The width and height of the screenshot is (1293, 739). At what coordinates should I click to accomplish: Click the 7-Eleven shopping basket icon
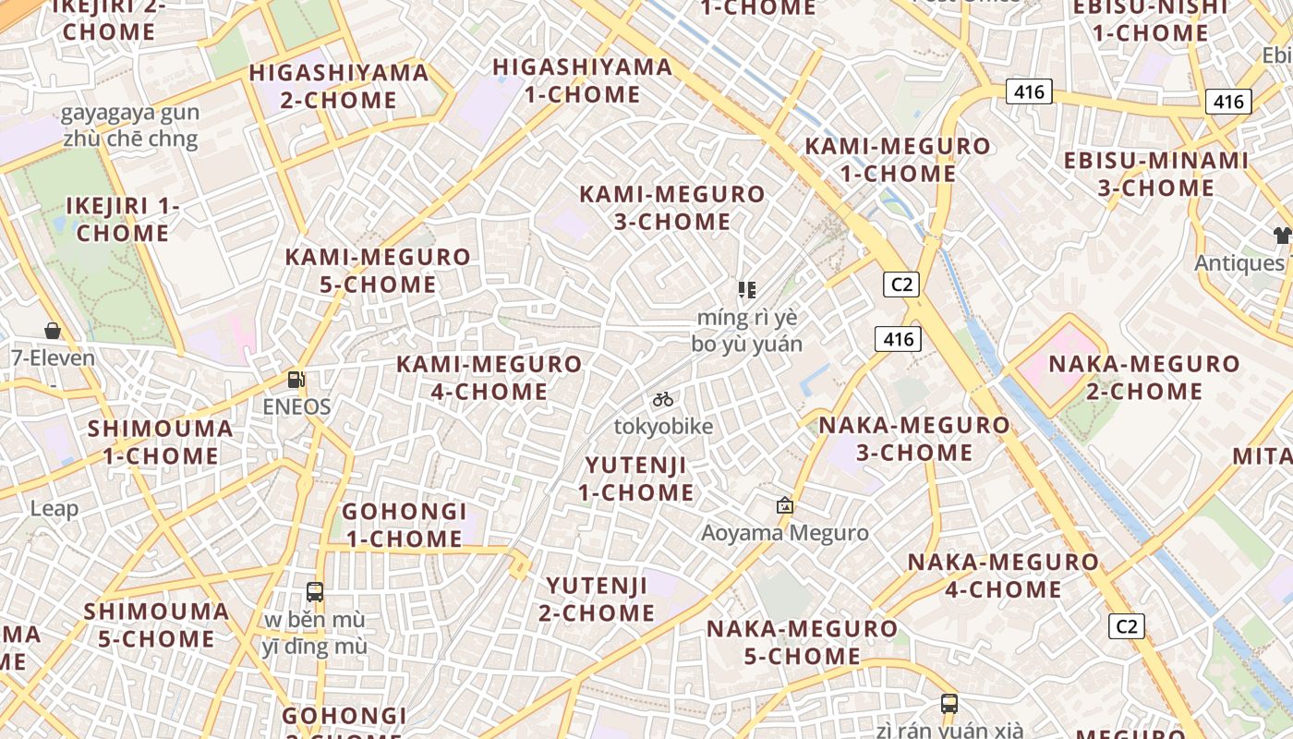click(53, 331)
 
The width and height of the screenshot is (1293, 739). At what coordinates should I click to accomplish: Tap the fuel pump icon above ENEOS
click(296, 379)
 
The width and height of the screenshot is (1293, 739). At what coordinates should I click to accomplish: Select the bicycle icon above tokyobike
click(663, 399)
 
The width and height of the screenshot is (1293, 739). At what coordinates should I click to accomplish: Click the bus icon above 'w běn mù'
click(315, 591)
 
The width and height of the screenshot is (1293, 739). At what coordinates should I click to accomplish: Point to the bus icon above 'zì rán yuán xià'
click(949, 703)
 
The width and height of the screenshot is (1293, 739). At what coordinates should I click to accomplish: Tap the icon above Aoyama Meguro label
click(785, 505)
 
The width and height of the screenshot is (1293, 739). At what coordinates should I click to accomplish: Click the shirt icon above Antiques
click(1282, 235)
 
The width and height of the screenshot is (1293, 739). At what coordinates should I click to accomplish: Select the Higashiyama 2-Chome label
click(339, 86)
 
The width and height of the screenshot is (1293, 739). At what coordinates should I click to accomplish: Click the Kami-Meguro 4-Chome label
click(489, 377)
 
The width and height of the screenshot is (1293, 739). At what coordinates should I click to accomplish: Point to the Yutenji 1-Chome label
click(636, 478)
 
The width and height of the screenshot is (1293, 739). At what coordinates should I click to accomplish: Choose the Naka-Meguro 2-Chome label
click(1144, 377)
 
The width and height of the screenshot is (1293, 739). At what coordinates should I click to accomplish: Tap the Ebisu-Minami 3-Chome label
click(1156, 174)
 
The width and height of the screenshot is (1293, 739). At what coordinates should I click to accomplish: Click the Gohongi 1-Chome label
click(405, 524)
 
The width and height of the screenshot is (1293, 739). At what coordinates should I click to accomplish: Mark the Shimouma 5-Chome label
click(157, 624)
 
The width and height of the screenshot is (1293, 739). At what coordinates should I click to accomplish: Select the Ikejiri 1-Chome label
click(123, 219)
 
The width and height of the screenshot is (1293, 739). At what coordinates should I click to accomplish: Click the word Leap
click(54, 508)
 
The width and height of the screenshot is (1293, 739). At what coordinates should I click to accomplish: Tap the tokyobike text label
click(664, 426)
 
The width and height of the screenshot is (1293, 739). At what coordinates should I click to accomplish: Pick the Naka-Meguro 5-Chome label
click(802, 642)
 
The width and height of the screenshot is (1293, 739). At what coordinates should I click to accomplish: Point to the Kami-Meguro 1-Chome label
click(898, 159)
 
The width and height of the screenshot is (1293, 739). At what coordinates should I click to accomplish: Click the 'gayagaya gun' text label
click(129, 114)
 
